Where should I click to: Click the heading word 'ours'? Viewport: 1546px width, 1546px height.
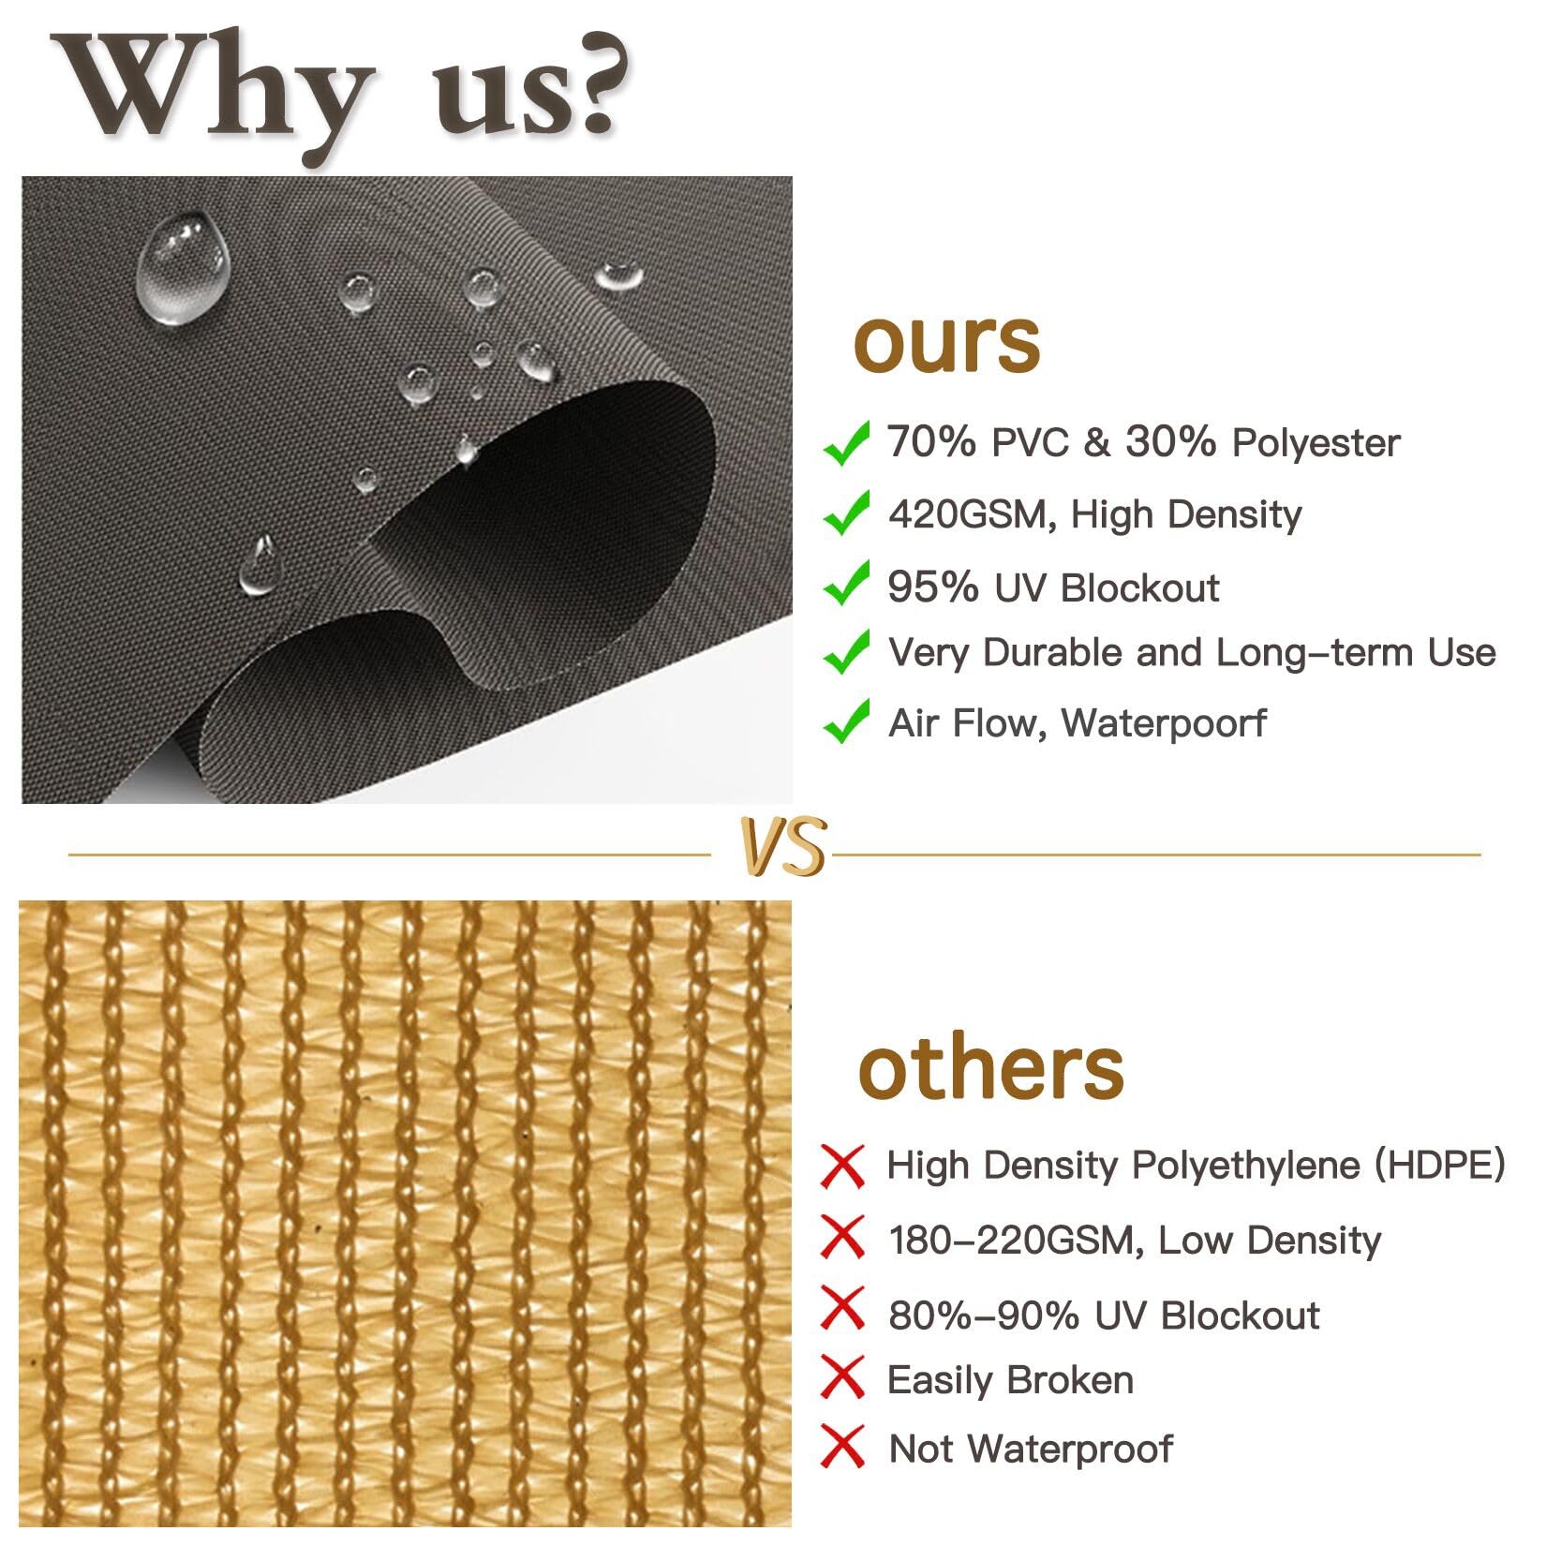coord(946,343)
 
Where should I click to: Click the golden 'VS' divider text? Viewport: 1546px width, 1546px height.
coord(783,847)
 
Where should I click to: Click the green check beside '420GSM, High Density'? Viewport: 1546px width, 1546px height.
coord(845,513)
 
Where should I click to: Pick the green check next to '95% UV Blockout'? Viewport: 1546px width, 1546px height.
coord(845,585)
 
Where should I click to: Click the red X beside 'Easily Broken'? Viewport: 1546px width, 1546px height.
coord(842,1377)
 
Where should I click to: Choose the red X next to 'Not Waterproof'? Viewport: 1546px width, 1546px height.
coord(842,1446)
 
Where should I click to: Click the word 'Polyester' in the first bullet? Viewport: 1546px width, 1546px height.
coord(1316,443)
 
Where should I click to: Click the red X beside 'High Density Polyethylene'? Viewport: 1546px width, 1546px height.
coord(842,1167)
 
